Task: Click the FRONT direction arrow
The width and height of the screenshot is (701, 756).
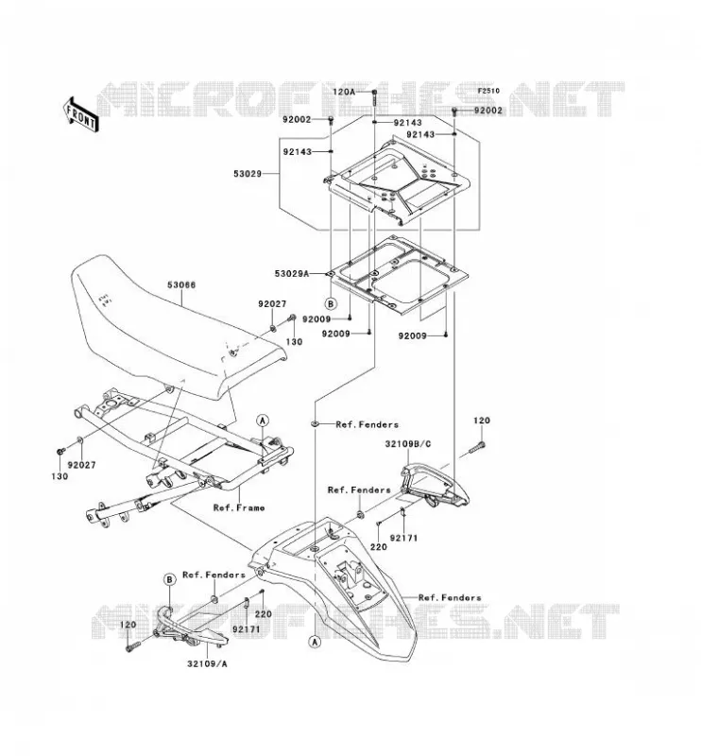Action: pos(81,114)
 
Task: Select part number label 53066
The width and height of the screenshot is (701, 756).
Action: pos(181,285)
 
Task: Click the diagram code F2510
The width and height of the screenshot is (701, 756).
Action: pos(488,91)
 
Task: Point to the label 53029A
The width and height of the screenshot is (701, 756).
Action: pos(291,273)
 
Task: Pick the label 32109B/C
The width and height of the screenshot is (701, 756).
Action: pos(408,444)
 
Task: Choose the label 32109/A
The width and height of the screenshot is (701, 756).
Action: pos(207,664)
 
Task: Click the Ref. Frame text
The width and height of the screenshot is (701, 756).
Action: pos(239,507)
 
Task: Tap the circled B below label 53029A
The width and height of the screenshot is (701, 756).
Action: pos(331,303)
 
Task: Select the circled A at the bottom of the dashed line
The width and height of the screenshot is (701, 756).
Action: pos(315,642)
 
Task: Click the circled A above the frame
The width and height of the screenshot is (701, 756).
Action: pos(263,421)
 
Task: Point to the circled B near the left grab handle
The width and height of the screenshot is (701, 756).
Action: pos(169,579)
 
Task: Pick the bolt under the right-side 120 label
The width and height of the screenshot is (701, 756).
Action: pos(477,447)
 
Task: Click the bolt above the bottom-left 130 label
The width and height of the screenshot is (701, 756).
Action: pos(60,452)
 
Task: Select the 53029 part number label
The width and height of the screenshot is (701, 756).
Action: pos(248,174)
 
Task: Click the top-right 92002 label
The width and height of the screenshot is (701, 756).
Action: pos(487,110)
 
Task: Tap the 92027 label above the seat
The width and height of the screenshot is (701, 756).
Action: pos(272,303)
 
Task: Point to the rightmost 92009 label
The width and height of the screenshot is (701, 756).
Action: pos(412,335)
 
